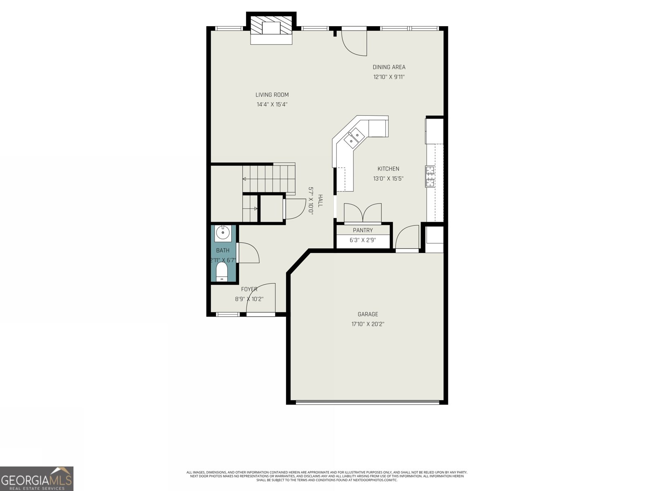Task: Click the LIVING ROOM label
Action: pos(272,95)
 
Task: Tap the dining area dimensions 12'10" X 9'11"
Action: pos(389,77)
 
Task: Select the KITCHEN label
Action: pos(388,169)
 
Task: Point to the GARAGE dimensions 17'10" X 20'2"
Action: pos(367,324)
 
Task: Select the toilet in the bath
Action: pos(222,272)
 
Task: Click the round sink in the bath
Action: pos(223,232)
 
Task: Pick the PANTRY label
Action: pos(363,230)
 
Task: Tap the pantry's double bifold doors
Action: pos(363,213)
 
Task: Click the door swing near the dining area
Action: pos(355,42)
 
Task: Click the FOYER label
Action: pos(249,289)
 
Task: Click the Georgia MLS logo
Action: pos(36,478)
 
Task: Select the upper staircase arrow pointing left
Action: pos(244,179)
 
